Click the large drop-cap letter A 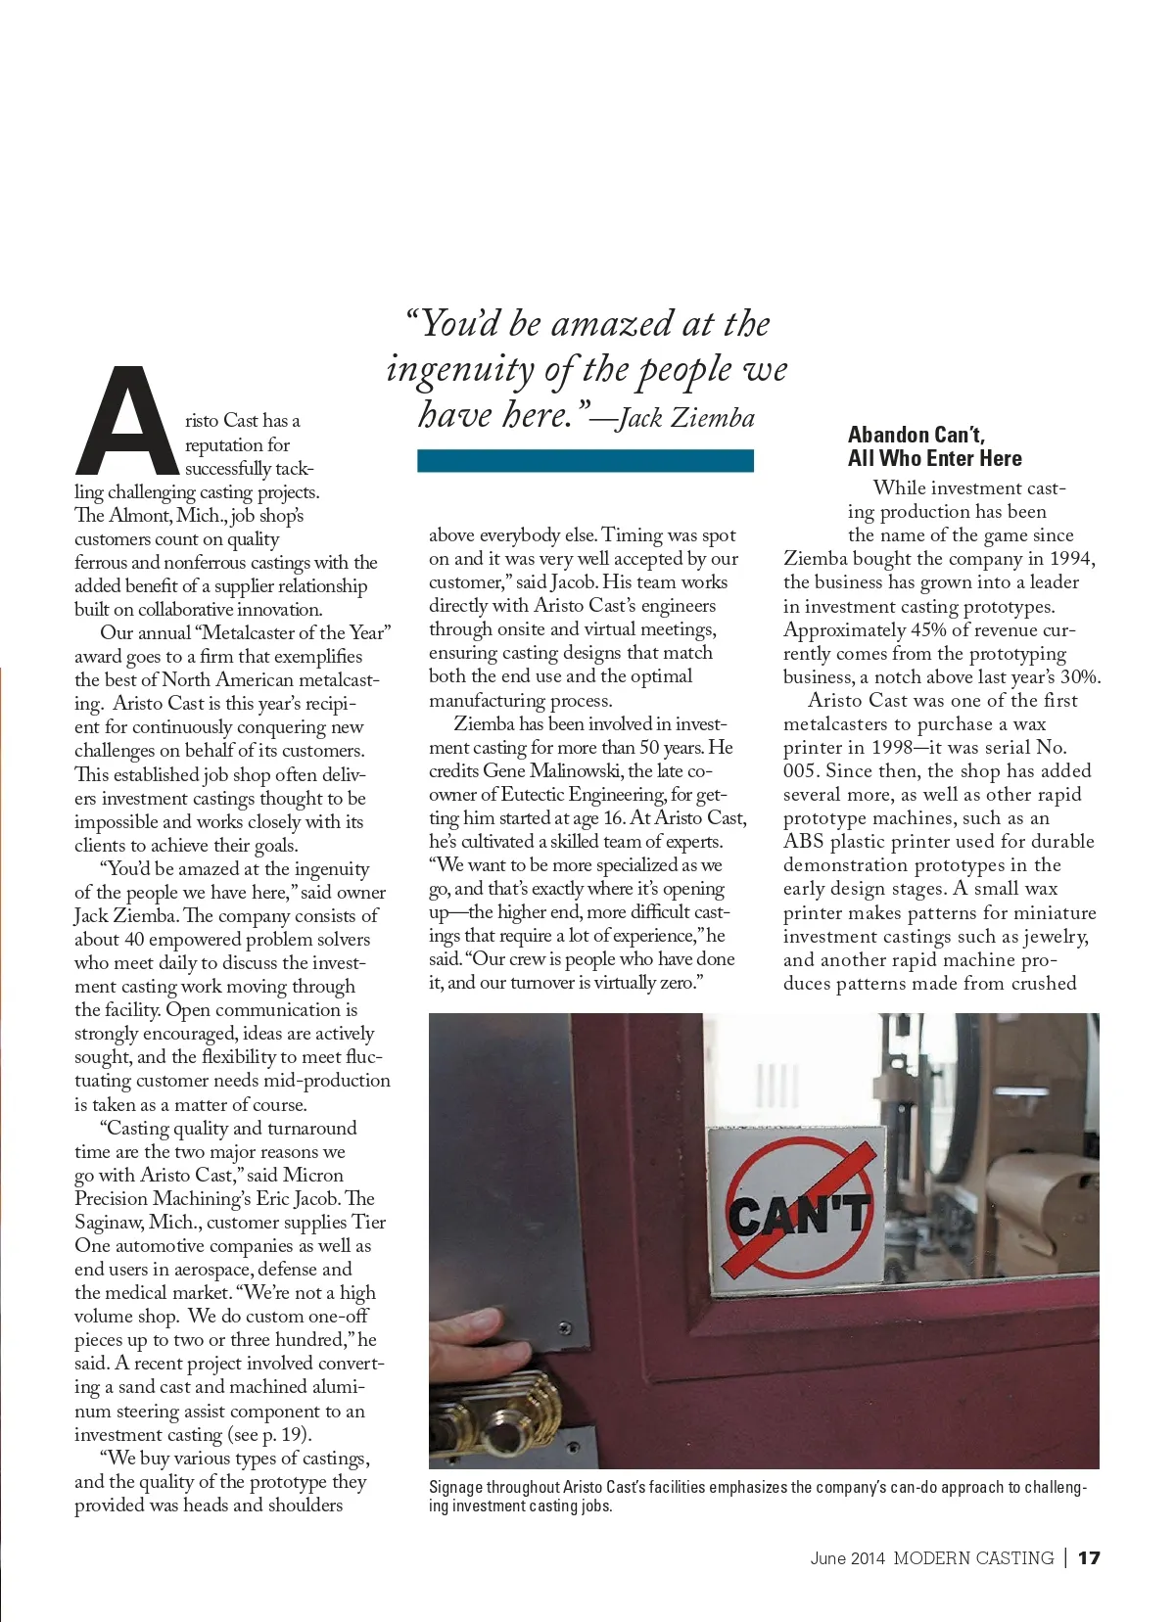click(125, 421)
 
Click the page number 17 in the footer click(1089, 1557)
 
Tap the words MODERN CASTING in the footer click(973, 1557)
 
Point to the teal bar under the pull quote click(585, 460)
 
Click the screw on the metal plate click(564, 1328)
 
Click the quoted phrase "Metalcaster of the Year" click(293, 633)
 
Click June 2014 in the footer click(847, 1557)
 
